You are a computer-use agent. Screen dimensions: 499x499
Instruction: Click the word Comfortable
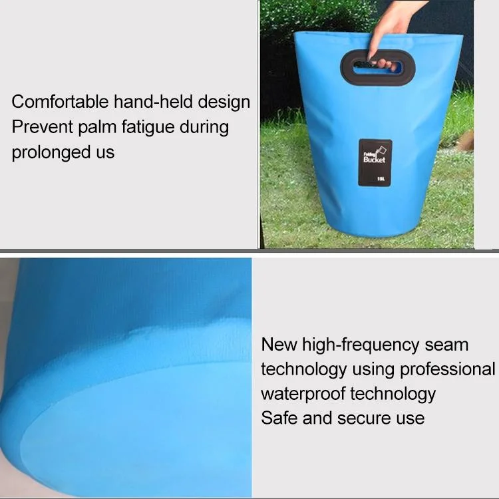pos(60,102)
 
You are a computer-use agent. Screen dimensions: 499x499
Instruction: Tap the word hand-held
pos(154,102)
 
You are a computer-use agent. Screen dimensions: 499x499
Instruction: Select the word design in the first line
pos(224,102)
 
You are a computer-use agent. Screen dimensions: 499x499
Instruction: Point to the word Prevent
pos(43,127)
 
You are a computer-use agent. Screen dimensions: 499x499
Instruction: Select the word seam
pos(446,345)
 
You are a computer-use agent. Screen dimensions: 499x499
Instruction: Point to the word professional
pos(448,370)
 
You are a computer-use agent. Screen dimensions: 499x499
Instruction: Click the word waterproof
pos(303,395)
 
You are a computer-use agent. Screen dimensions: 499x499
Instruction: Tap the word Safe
pos(279,418)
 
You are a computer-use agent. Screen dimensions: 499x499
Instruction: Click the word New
pos(279,345)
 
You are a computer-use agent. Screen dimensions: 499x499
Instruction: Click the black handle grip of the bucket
pos(378,67)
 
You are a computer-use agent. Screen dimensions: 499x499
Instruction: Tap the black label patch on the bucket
pos(375,162)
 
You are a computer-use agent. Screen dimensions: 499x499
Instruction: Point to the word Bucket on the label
pos(374,160)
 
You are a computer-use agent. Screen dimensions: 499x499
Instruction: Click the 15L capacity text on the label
pos(381,179)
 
